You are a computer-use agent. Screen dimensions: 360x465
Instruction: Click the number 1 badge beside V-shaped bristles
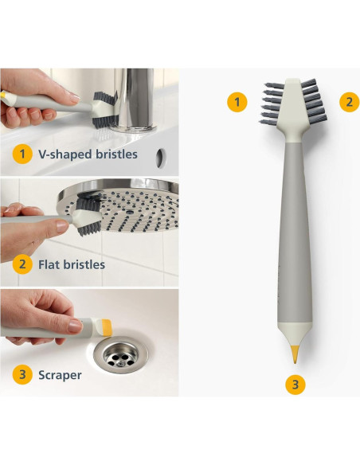pyautogui.click(x=22, y=154)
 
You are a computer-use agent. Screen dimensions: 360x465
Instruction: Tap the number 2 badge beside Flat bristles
pyautogui.click(x=22, y=264)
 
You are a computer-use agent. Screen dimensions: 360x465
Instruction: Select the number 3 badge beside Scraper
pyautogui.click(x=22, y=374)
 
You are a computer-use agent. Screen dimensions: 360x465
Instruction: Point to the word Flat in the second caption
pyautogui.click(x=48, y=264)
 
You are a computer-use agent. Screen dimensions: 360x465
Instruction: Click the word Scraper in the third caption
pyautogui.click(x=60, y=375)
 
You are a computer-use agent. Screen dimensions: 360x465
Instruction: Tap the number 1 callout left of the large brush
pyautogui.click(x=237, y=102)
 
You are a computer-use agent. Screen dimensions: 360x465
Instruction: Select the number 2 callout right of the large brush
pyautogui.click(x=350, y=102)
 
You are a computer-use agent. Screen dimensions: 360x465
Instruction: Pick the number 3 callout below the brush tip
pyautogui.click(x=295, y=385)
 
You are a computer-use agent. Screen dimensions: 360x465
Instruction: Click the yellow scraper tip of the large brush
pyautogui.click(x=295, y=354)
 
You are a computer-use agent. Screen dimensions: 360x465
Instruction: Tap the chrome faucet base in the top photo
pyautogui.click(x=134, y=128)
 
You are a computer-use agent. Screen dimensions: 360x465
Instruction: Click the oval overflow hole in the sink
pyautogui.click(x=160, y=158)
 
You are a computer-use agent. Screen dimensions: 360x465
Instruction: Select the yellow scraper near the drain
pyautogui.click(x=107, y=327)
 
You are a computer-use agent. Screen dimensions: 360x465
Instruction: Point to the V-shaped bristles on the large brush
pyautogui.click(x=272, y=103)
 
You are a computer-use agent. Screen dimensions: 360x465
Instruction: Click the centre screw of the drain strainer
pyautogui.click(x=120, y=362)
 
